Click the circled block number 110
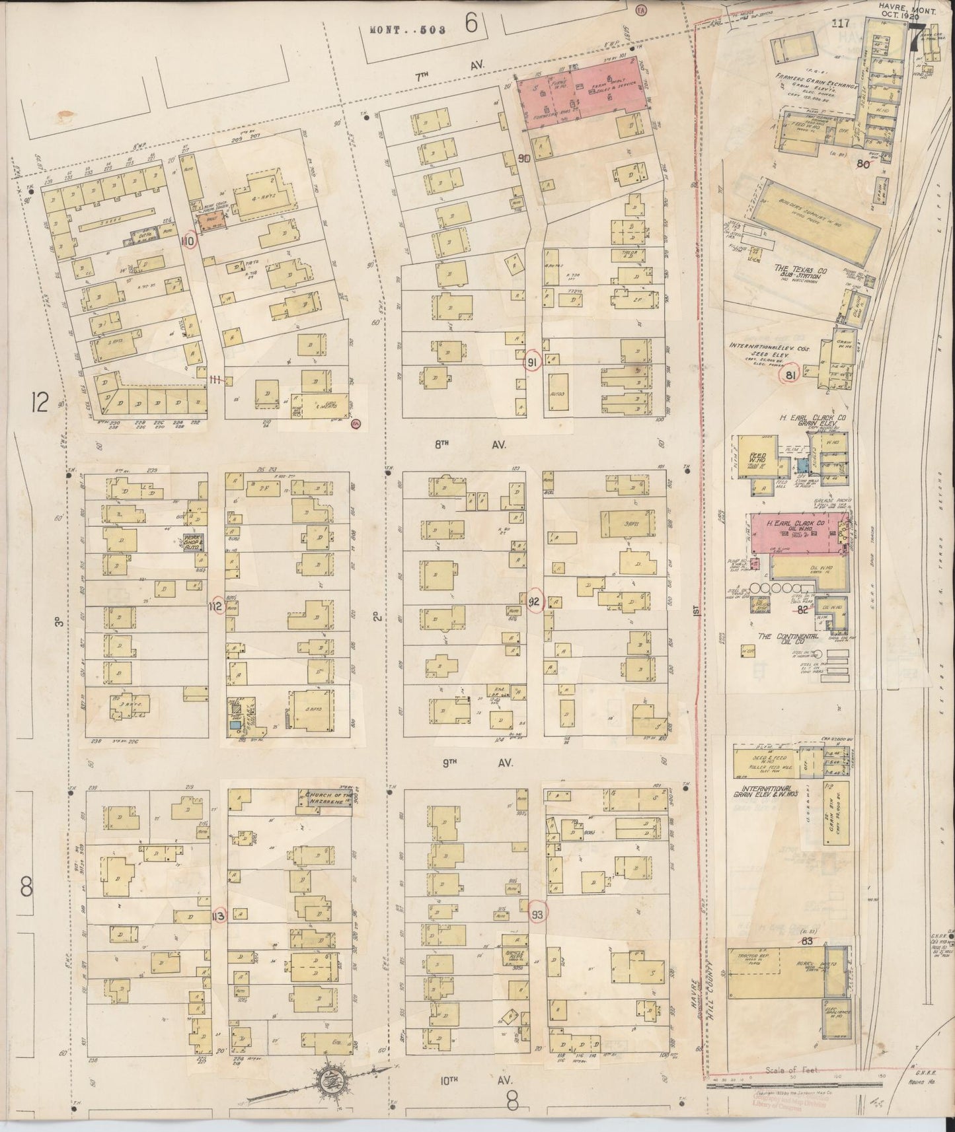[x=189, y=241]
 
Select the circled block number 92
[x=535, y=600]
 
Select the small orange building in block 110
[x=210, y=222]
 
